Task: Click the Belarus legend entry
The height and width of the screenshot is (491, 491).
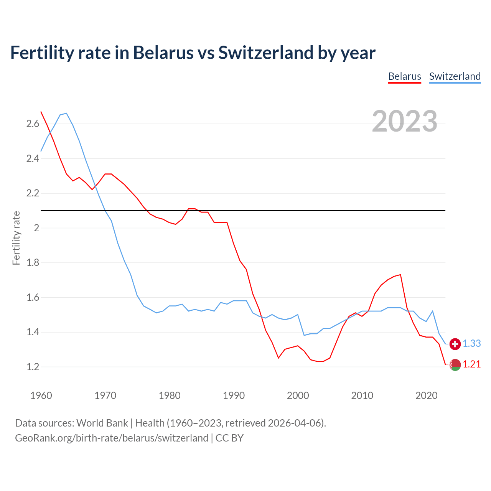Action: pos(404,76)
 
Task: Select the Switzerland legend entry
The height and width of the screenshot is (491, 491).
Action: pos(455,76)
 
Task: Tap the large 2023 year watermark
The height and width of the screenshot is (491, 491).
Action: pos(404,121)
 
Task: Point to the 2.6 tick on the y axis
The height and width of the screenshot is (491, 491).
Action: pos(33,124)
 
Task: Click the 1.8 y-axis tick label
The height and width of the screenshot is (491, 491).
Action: pos(33,263)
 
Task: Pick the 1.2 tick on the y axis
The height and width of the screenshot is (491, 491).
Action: pos(33,367)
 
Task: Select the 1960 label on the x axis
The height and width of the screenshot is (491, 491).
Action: pos(41,395)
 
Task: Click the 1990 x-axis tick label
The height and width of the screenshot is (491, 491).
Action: pos(234,395)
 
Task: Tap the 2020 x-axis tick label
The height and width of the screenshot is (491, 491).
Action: pos(426,395)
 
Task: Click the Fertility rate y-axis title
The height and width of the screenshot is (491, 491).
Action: pos(16,238)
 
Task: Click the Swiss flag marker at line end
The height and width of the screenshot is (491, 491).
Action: pos(455,344)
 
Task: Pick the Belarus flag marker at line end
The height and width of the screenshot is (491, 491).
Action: pos(455,365)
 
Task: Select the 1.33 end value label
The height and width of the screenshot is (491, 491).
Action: pos(472,344)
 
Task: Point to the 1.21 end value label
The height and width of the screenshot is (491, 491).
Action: pos(472,364)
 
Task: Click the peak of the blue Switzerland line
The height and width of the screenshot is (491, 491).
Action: pos(66,113)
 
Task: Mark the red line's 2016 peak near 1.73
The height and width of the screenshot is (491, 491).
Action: pos(400,275)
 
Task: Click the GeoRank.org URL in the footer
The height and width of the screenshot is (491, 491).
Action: pos(111,438)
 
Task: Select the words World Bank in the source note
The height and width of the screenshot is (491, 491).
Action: pos(102,423)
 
